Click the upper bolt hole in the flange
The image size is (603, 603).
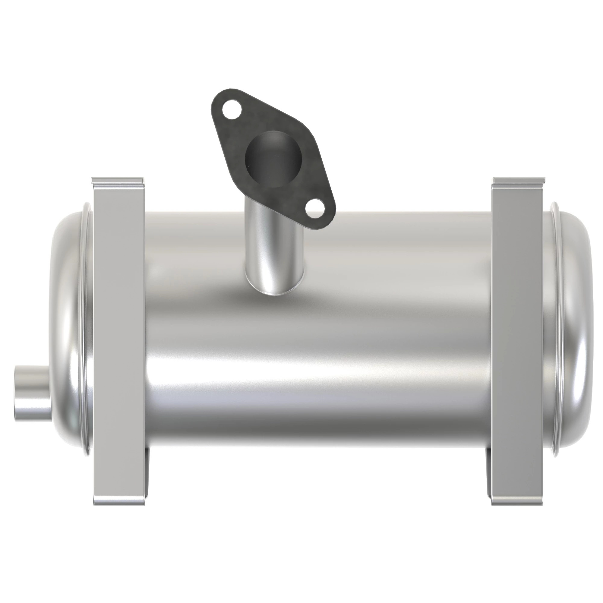[229, 110]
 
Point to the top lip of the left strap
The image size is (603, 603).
[118, 181]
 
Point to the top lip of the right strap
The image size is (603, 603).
[519, 181]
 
